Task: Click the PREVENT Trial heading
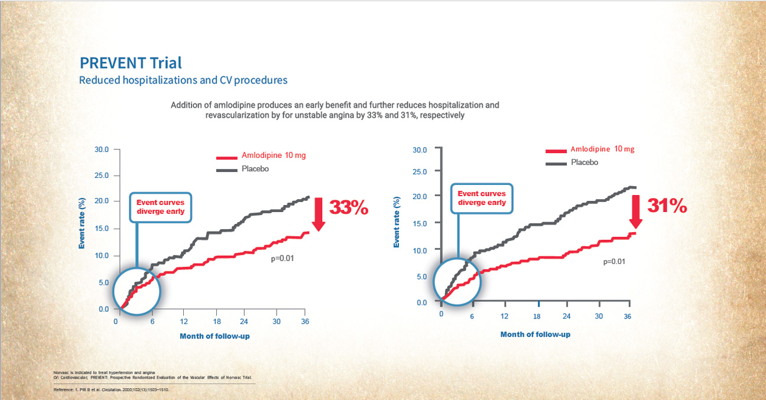pos(130,63)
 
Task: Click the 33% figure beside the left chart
pos(349,208)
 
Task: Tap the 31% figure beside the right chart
pos(667,206)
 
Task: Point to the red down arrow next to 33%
pos(318,214)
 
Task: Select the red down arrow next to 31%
pos(636,212)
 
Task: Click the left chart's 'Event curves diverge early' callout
pos(160,207)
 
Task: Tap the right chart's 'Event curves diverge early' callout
pos(482,198)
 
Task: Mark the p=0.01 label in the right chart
pos(614,262)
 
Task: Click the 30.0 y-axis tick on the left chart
pos(102,149)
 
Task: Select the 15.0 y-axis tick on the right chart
pos(419,223)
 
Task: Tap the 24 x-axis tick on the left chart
pos(244,321)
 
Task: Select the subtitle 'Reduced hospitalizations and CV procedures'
pos(183,80)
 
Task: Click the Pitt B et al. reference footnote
pos(112,391)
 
